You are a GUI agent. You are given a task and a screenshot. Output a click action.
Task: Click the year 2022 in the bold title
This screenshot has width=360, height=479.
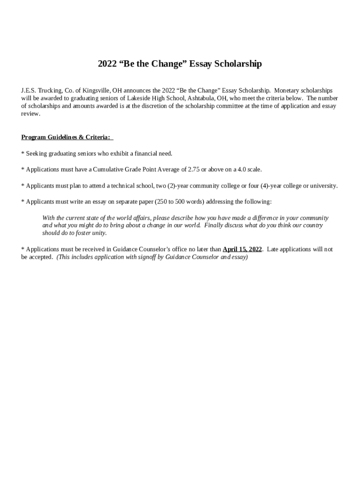(x=107, y=64)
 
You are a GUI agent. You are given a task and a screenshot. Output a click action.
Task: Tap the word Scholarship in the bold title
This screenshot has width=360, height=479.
(x=238, y=64)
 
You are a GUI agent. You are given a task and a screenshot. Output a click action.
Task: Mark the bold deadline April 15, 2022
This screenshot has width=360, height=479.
(x=242, y=249)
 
